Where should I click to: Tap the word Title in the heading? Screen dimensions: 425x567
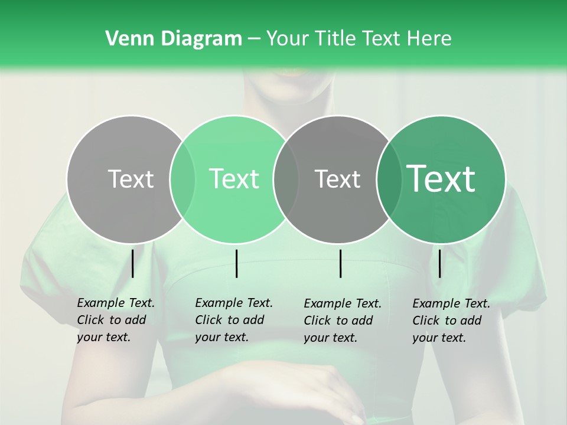pos(336,39)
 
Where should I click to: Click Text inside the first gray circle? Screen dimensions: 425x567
pos(131,179)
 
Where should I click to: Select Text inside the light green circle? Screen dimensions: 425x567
pos(234,179)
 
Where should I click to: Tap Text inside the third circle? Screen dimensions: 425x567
pos(337,179)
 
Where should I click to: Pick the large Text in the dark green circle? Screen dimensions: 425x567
pos(441,179)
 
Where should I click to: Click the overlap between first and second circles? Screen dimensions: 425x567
pos(183,179)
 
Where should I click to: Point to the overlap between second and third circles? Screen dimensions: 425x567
pos(286,179)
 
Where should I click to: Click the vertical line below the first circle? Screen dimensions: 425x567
pos(132,263)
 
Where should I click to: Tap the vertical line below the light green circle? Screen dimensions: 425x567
pos(236,263)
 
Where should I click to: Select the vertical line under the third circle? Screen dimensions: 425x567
pos(340,263)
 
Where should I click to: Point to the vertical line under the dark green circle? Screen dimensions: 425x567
pos(439,263)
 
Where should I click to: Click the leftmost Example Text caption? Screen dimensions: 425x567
pos(116,320)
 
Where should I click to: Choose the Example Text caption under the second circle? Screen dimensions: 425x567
pos(234,320)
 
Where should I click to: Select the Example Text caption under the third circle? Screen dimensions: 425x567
pos(343,321)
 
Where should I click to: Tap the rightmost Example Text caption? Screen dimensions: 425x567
pos(451,321)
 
